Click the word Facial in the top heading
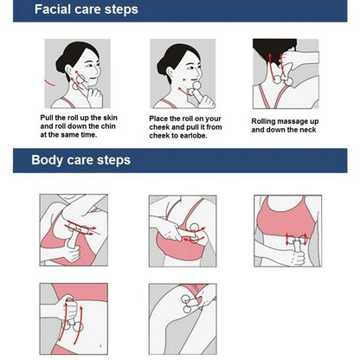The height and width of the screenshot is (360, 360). [53, 10]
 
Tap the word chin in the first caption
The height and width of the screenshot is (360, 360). [108, 126]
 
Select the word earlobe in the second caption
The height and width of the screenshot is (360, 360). [192, 136]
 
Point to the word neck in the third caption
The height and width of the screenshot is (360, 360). [308, 130]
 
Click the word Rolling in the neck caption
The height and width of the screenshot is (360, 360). [263, 121]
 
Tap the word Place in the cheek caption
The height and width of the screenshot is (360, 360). [158, 119]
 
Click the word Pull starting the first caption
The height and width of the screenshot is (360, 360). [47, 118]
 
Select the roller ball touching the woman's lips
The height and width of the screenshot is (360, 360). [196, 86]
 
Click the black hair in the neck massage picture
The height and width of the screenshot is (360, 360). [273, 49]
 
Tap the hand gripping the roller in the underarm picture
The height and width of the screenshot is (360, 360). [71, 252]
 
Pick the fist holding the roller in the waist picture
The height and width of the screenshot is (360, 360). [296, 258]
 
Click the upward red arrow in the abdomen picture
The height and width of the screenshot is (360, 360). [79, 325]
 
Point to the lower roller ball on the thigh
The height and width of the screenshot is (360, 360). [187, 310]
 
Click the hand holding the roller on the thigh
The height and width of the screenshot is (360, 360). [206, 296]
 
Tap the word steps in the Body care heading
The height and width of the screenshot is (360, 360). [113, 160]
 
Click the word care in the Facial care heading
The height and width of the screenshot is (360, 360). [87, 10]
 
